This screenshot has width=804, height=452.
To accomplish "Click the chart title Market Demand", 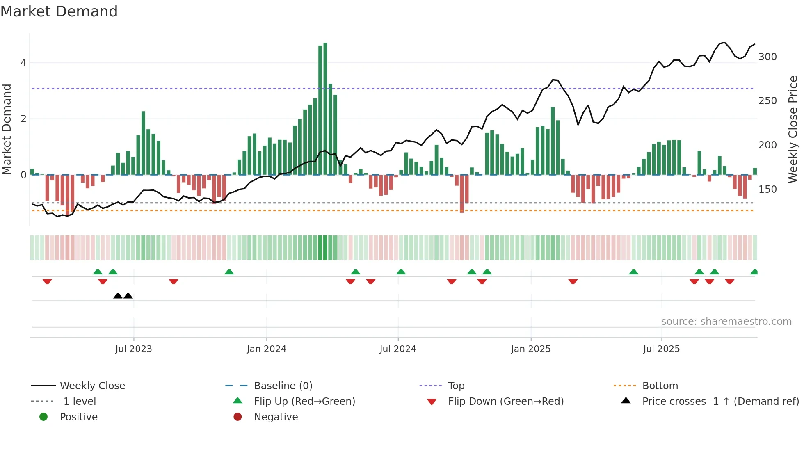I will [x=59, y=11].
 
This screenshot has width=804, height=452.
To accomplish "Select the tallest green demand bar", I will [x=325, y=109].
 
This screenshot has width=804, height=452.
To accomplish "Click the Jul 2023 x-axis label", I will [x=134, y=349].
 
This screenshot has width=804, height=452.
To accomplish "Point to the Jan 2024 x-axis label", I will [x=267, y=349].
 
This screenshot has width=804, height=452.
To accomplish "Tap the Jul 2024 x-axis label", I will [x=398, y=349].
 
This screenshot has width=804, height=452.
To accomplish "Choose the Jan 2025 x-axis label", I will [x=531, y=349].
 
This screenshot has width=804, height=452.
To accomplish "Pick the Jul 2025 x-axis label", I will [x=662, y=349].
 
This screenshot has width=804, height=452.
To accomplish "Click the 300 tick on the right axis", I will [x=767, y=57].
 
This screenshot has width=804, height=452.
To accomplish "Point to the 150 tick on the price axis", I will [x=767, y=189].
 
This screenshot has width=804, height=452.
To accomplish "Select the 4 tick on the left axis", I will [x=23, y=63].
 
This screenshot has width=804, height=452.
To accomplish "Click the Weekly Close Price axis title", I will [x=793, y=129].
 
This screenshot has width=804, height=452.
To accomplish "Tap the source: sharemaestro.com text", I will [x=726, y=322].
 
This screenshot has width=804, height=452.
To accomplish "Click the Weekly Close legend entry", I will [x=92, y=386].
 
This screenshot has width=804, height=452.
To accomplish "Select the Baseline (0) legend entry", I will [x=283, y=386].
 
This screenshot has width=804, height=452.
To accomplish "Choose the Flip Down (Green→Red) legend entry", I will [x=506, y=402].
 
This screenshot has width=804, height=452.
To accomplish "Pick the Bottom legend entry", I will [x=660, y=386].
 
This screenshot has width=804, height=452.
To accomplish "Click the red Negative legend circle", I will [x=238, y=417].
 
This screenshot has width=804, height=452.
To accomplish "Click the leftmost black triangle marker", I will [x=118, y=296].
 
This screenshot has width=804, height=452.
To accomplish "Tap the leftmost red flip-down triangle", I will [x=47, y=281].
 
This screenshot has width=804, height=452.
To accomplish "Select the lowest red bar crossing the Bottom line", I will [x=462, y=195].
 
